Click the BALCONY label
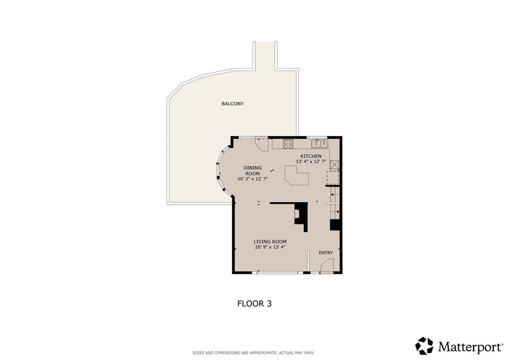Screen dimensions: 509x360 point(233,103)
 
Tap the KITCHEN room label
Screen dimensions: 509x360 point(311,156)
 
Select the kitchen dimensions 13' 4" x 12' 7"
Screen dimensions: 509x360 point(311,161)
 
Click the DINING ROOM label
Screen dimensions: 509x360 point(253,171)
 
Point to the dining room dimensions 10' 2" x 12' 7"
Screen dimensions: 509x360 point(253,179)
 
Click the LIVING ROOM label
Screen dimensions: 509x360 point(270,242)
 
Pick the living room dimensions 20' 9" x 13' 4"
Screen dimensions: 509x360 point(270,247)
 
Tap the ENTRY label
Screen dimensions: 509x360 point(326,253)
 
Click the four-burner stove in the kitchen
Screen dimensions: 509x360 point(288,144)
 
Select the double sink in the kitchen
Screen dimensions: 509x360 point(320,143)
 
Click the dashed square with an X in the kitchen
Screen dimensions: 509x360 point(335,165)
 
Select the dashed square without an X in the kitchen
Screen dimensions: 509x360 point(333,178)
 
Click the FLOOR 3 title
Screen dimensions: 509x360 point(254,303)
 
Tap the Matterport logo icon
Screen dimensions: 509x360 point(424,346)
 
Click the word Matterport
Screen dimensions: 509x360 point(470,347)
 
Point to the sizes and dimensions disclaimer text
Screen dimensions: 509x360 point(254,353)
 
